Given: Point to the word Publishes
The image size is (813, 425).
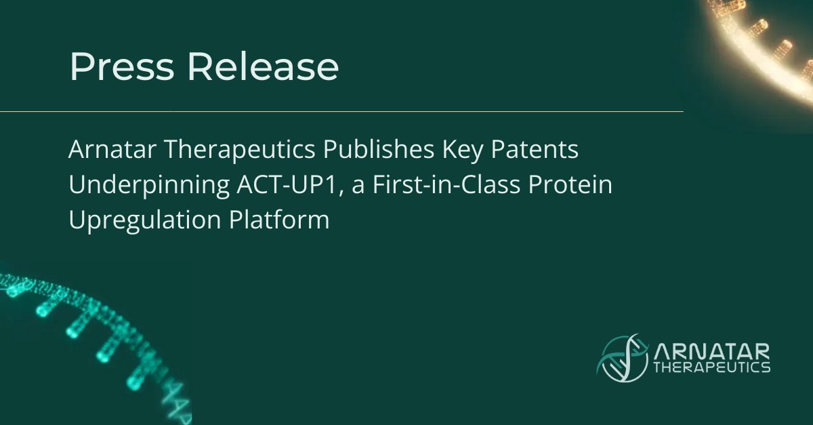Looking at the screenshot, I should click(365, 150).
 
